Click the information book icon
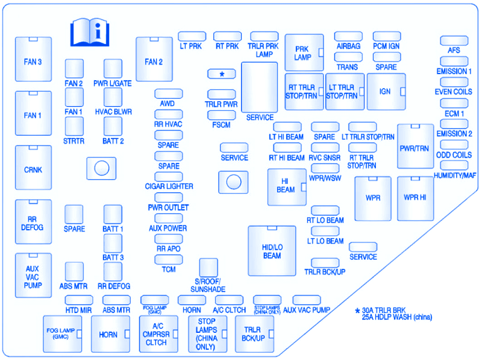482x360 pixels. tap(89, 32)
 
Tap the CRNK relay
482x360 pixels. tap(33, 168)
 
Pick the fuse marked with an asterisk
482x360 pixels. tap(222, 74)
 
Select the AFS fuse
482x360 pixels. tap(454, 41)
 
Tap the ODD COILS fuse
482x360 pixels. tap(454, 145)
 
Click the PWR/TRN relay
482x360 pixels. tap(415, 147)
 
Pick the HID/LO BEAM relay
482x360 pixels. tap(272, 251)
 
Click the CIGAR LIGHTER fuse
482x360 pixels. tap(169, 177)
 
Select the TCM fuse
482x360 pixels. tap(169, 260)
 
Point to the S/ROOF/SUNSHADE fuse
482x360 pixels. tap(208, 267)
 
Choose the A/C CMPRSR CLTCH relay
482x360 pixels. tap(155, 333)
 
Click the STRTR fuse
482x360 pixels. tap(74, 126)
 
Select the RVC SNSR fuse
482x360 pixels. tap(325, 148)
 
